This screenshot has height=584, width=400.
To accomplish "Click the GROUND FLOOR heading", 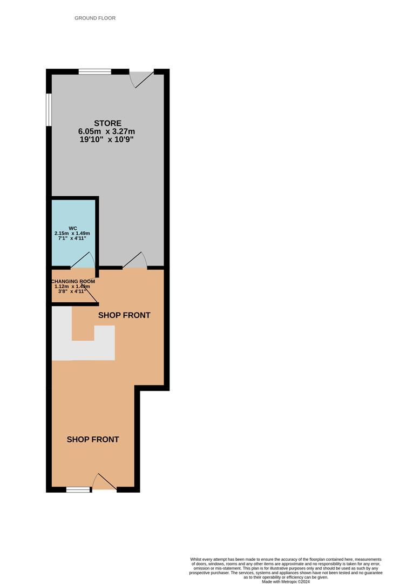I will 95,18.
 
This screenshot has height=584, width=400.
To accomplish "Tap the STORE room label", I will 108,123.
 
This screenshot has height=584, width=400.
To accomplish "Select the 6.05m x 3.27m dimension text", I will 107,131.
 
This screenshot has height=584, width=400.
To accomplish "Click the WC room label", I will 73,228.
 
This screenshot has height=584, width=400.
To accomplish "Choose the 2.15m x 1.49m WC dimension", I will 72,234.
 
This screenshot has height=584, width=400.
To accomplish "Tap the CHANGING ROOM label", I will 73,282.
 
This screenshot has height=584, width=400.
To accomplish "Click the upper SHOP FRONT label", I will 124,315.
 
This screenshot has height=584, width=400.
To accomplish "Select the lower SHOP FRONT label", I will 93,440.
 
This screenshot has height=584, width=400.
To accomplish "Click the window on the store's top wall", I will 95,71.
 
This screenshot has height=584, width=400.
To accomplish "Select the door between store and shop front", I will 134,261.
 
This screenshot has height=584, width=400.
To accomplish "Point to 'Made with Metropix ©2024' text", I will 286,581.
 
